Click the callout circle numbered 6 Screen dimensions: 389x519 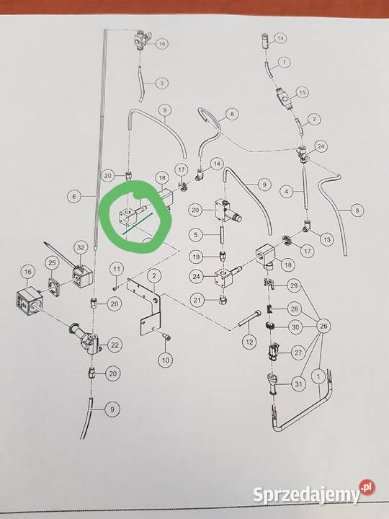(x=73, y=196)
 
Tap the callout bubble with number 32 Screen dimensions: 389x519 (x=81, y=247)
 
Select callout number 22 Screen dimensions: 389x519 (x=115, y=345)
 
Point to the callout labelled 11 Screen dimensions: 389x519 (x=117, y=269)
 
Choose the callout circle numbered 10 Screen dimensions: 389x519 (x=166, y=360)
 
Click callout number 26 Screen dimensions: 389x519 (x=323, y=327)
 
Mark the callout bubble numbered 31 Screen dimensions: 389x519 (x=298, y=384)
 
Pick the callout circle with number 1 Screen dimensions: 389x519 (x=319, y=376)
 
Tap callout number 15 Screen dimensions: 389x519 (x=302, y=93)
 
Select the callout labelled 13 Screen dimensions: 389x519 (x=327, y=239)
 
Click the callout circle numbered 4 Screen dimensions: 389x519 (x=287, y=191)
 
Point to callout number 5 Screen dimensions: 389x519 (x=196, y=235)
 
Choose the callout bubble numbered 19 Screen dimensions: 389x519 (x=196, y=257)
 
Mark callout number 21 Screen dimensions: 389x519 (x=197, y=300)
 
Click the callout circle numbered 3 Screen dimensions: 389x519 (x=162, y=83)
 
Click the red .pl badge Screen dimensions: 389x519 (x=367, y=487)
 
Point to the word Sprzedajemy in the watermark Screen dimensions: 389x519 (x=306, y=494)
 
